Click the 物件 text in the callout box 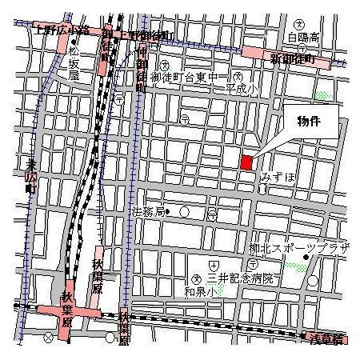(308, 122)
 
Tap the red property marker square (246, 160)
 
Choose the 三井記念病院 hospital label (241, 278)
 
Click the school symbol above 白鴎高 (299, 24)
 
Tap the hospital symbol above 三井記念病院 (213, 265)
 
